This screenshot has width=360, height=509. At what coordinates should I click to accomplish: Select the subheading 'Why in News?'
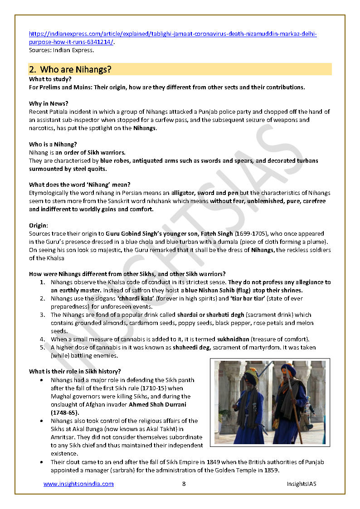click(49, 103)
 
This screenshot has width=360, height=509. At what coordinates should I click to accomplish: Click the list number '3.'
click(42, 315)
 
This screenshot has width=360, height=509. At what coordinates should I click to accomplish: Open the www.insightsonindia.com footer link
click(78, 484)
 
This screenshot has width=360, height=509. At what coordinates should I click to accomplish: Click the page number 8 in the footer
click(184, 484)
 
